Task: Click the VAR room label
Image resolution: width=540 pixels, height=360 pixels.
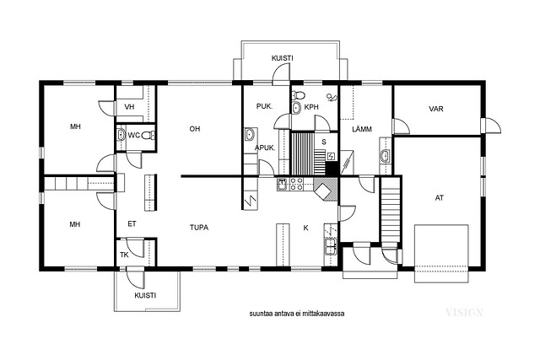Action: pyautogui.click(x=436, y=109)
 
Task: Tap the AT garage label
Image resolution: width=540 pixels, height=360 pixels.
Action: pyautogui.click(x=439, y=198)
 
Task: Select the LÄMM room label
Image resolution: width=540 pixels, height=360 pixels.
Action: pyautogui.click(x=362, y=129)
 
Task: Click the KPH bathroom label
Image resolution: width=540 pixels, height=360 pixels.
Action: pyautogui.click(x=311, y=107)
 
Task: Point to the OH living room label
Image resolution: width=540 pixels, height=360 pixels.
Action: pyautogui.click(x=195, y=129)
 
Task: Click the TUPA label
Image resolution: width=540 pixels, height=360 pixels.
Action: pyautogui.click(x=199, y=228)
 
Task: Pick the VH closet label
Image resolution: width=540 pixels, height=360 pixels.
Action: pyautogui.click(x=129, y=107)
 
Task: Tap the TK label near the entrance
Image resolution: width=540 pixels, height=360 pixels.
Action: pyautogui.click(x=124, y=255)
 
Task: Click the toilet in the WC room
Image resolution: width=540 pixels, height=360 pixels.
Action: pyautogui.click(x=148, y=135)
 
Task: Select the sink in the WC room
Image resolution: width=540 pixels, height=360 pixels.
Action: pyautogui.click(x=121, y=135)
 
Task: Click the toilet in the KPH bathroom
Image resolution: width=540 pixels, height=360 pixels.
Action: pyautogui.click(x=298, y=94)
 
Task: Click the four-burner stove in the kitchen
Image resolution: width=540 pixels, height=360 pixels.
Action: pyautogui.click(x=296, y=184)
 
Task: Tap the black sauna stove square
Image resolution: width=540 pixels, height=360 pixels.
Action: pyautogui.click(x=332, y=169)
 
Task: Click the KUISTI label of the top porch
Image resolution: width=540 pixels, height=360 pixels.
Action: pyautogui.click(x=283, y=58)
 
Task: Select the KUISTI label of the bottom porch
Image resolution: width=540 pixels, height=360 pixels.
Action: pyautogui.click(x=145, y=295)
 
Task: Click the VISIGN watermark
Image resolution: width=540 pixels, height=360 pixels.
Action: pyautogui.click(x=465, y=313)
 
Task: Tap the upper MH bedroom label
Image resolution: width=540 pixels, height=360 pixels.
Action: pyautogui.click(x=75, y=126)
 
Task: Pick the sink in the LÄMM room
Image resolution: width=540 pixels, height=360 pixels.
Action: pyautogui.click(x=385, y=156)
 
